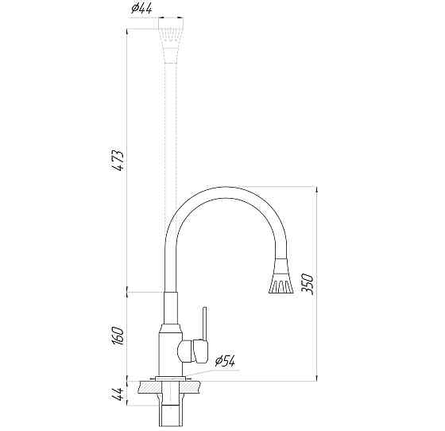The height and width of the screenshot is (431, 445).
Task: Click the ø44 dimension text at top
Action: [142, 10]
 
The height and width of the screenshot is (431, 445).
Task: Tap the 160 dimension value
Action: [118, 334]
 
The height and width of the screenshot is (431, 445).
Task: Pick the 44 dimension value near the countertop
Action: [118, 394]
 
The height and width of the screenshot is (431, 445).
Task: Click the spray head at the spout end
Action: [281, 278]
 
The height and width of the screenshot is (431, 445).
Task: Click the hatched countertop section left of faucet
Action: [147, 386]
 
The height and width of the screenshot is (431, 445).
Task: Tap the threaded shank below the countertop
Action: [172, 410]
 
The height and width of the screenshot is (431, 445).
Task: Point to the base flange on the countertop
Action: [172, 378]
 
